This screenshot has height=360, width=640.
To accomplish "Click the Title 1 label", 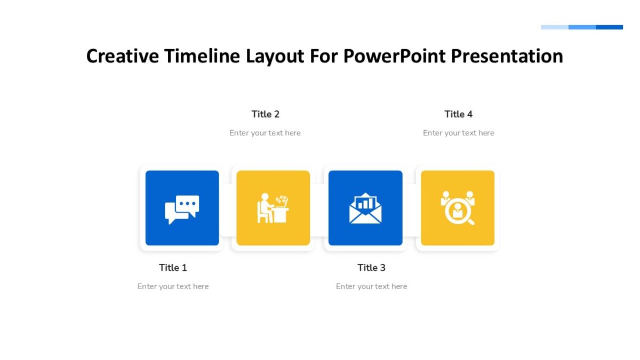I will coord(173,268).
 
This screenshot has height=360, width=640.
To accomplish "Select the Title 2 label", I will coord(266,114).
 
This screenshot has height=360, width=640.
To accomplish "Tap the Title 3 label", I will coord(371,268).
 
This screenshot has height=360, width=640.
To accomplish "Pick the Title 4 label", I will coord(458,114).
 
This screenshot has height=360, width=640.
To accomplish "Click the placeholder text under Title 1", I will coord(173,286).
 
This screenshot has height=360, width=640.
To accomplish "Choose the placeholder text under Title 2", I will coord(265,133).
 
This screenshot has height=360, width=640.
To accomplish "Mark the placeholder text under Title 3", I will coord(371,286).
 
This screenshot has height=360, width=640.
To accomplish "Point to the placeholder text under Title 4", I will coord(458,133).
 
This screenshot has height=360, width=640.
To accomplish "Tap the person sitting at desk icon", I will coord(273,209).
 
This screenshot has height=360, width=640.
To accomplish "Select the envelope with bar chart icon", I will coord(365,209).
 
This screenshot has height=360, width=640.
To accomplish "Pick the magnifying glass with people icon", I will coord(458,208).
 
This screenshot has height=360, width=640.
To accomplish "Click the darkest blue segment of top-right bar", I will coord(609,27).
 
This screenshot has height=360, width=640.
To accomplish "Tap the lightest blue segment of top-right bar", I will coord(555,27).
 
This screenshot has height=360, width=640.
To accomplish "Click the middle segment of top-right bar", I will coord(582,27).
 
